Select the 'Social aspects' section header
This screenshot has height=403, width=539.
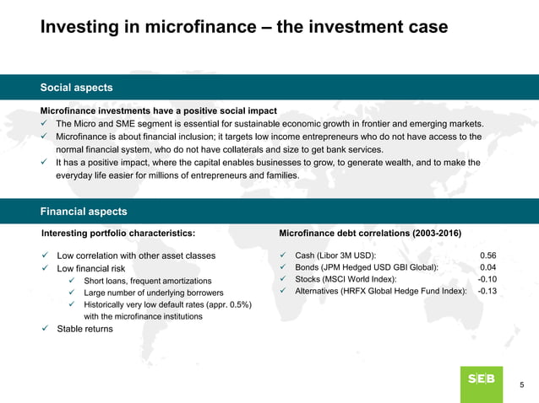[x=77, y=88]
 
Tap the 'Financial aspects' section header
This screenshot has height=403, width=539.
[x=84, y=212]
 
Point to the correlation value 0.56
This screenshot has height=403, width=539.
[x=487, y=255]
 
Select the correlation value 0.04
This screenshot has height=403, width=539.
[x=487, y=268]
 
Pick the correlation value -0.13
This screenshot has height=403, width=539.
[x=487, y=292]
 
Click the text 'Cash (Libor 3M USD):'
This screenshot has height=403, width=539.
[x=335, y=255]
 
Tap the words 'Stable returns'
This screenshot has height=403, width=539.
[x=84, y=329]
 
